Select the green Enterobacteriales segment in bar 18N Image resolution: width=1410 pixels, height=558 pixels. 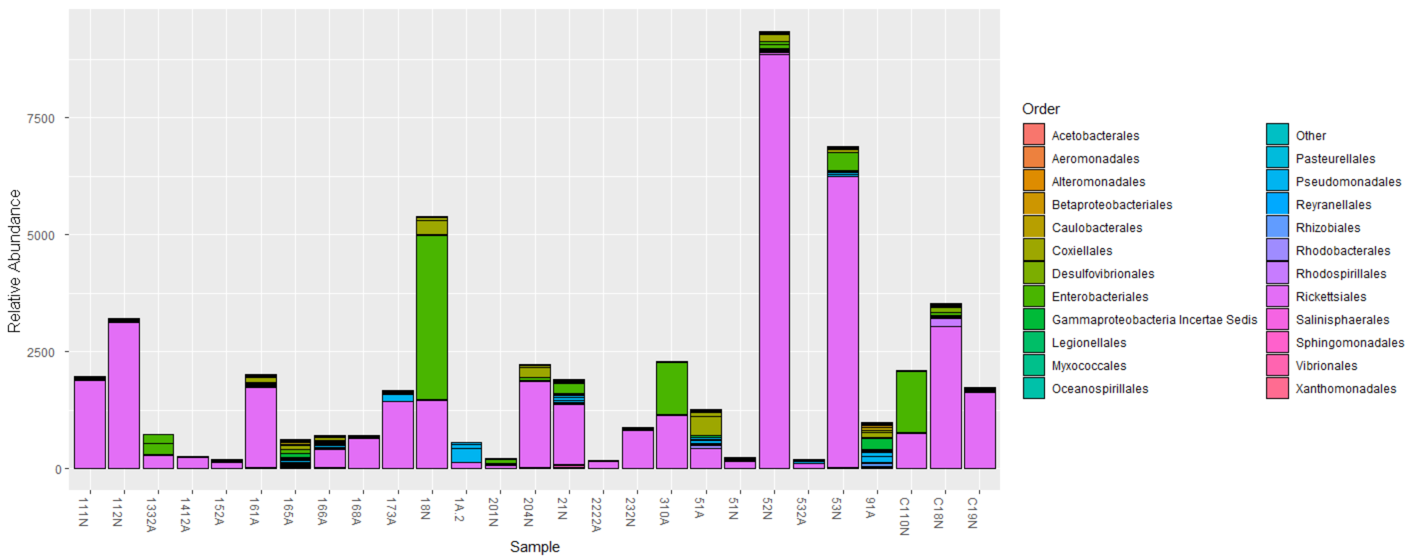point(432,317)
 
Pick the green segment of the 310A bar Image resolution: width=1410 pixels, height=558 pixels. point(672,388)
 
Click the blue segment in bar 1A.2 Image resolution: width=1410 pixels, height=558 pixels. point(466,455)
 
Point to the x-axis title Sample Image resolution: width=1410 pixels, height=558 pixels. point(534,546)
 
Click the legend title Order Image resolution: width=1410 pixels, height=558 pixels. point(1041,109)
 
